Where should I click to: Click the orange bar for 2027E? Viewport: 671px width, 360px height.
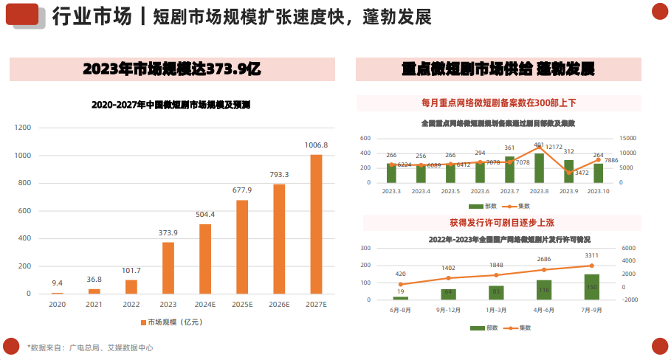[x=316, y=224]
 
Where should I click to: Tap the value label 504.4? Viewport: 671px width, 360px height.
[x=204, y=215]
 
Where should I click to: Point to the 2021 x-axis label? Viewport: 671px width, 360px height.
[x=94, y=303]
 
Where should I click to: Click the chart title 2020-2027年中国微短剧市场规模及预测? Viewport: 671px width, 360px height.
[x=171, y=105]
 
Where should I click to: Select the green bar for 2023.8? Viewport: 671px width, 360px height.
[x=539, y=168]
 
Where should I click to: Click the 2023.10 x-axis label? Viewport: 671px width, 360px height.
[x=598, y=192]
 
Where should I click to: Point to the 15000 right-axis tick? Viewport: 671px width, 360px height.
[x=627, y=138]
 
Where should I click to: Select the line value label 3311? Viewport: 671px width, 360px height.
[x=591, y=255]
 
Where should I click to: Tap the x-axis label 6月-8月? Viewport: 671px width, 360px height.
[x=400, y=310]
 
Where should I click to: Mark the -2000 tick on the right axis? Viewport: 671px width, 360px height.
[x=630, y=300]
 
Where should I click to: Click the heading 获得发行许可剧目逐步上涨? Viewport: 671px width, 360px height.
[x=498, y=222]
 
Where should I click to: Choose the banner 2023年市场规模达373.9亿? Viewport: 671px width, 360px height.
[x=171, y=69]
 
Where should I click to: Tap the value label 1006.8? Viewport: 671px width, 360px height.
[x=316, y=145]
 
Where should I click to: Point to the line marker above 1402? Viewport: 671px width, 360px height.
[x=449, y=278]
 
